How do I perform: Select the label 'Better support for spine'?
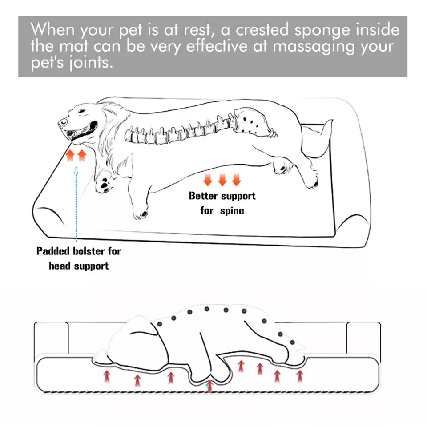tap(222, 203)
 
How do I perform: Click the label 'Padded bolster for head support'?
tap(79, 258)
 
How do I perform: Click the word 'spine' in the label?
tap(232, 210)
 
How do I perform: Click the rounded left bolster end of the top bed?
tap(47, 218)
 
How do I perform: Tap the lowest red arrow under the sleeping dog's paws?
tap(209, 386)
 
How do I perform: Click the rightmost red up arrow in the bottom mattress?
tap(300, 376)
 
